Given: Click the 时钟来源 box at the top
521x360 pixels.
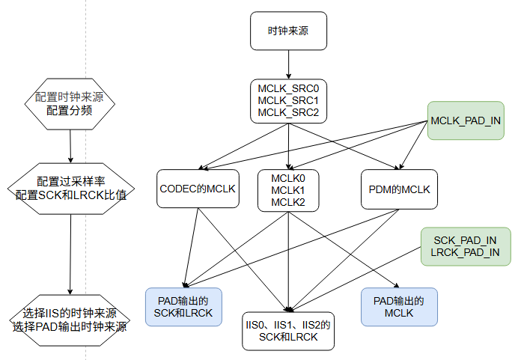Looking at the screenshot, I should (x=288, y=31).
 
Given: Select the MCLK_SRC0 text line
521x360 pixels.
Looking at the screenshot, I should (x=288, y=88).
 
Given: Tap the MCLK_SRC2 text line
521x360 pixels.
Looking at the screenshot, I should (x=288, y=112).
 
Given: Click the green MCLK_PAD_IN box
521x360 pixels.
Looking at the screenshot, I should (x=466, y=120).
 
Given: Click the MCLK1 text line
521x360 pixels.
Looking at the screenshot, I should (x=288, y=190).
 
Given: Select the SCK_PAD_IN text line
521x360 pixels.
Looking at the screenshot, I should (x=466, y=240).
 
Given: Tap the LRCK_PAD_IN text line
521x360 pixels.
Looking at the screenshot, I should (x=466, y=253).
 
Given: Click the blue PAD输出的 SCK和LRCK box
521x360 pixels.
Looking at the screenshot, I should (x=183, y=307).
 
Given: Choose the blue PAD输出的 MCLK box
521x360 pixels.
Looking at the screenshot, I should (x=398, y=307).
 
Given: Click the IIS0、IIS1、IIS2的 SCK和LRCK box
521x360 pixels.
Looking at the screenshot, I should (x=288, y=331).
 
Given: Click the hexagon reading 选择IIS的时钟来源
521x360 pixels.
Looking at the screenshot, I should (x=70, y=320).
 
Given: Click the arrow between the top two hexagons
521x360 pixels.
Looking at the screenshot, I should (x=70, y=146).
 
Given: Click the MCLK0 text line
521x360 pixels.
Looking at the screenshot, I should (x=288, y=178).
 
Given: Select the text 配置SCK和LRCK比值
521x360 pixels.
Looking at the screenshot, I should (x=70, y=195).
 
